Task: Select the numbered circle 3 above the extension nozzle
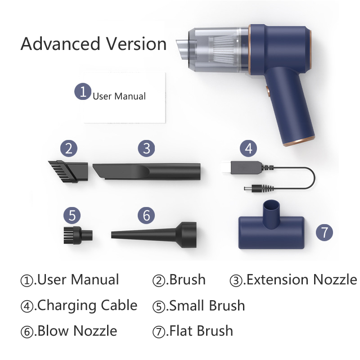[146, 148]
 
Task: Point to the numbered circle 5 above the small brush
[72, 215]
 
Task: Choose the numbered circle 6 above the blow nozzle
[146, 215]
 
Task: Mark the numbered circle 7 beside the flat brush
[324, 232]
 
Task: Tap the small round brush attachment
[77, 234]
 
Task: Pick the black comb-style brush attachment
[67, 170]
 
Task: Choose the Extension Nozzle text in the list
[300, 279]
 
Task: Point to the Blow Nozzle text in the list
[76, 332]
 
